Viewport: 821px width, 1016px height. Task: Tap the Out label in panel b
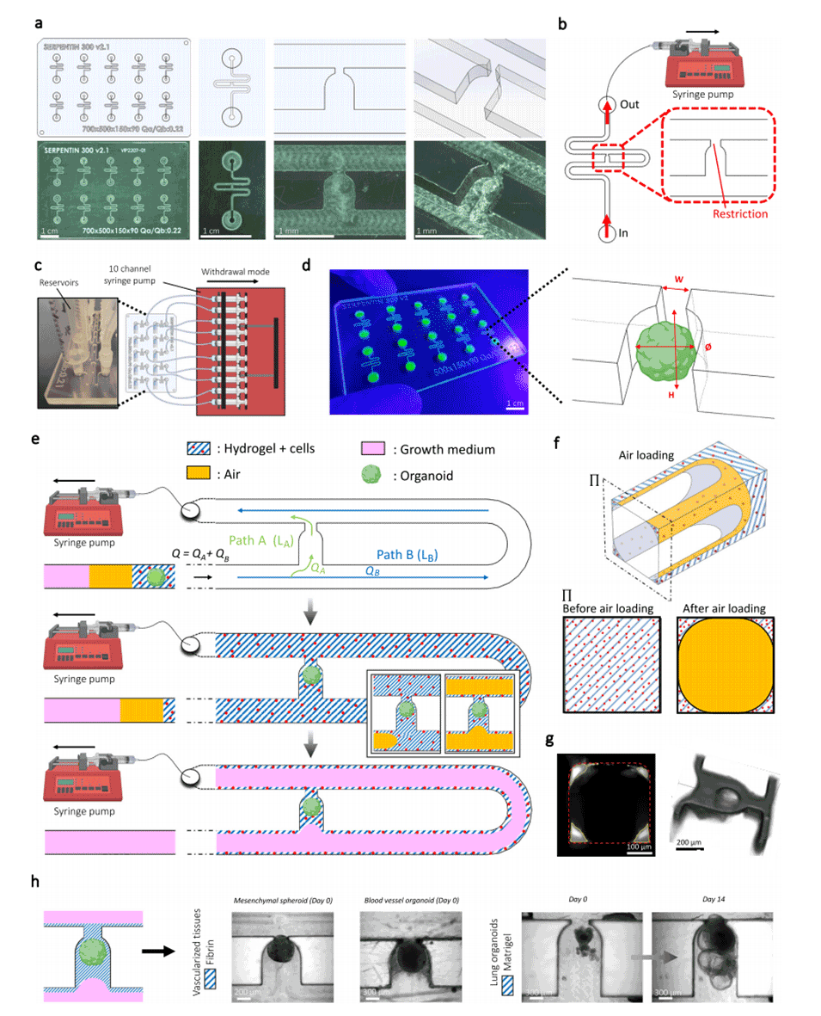[x=631, y=105]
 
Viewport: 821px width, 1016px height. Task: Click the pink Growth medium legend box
[x=369, y=448]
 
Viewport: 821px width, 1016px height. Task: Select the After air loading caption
[x=726, y=609]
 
